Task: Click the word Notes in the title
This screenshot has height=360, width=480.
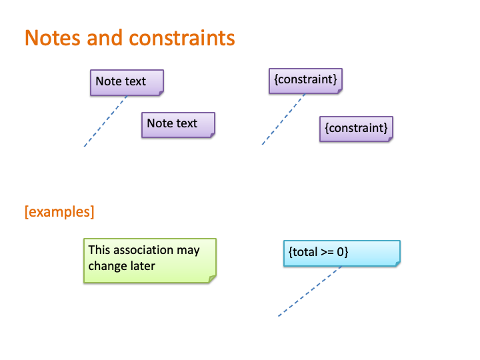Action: [x=53, y=38]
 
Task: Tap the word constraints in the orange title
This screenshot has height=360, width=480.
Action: [x=182, y=38]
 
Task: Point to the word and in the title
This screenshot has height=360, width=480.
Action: [x=105, y=38]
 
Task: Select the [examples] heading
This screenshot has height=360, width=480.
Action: [x=59, y=212]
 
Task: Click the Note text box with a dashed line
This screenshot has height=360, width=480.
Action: [x=127, y=83]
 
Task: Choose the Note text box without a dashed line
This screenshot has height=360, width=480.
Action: [x=178, y=125]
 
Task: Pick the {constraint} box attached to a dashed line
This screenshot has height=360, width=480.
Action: [x=305, y=81]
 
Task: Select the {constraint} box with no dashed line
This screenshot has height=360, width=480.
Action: [x=356, y=129]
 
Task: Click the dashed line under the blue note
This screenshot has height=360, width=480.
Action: [x=310, y=291]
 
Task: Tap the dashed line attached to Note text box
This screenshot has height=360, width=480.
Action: [x=105, y=121]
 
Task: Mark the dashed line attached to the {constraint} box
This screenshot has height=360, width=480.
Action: [x=284, y=119]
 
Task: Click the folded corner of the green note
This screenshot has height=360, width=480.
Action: [x=213, y=279]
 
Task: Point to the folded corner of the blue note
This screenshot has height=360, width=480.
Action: [x=397, y=264]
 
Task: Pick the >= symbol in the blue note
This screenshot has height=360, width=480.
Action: [x=327, y=252]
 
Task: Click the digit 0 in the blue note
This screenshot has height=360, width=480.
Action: [x=341, y=252]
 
